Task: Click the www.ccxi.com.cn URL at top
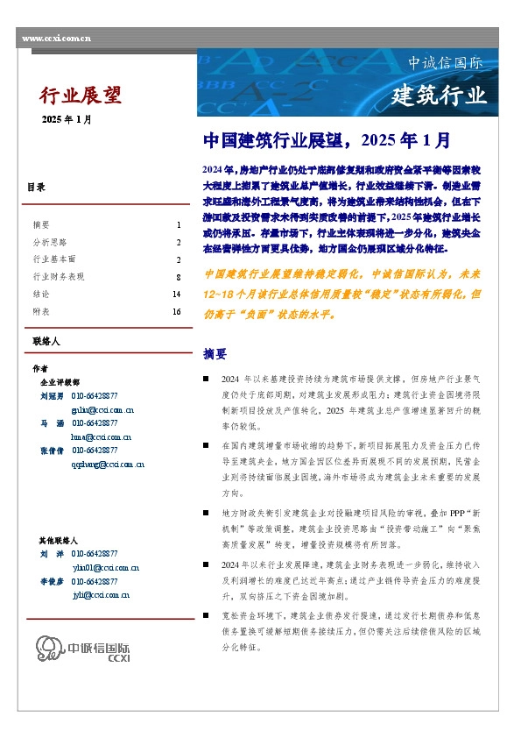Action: click(56, 39)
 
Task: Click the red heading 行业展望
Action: click(81, 96)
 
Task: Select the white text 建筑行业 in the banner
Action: click(438, 95)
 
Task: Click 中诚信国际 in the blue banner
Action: click(445, 64)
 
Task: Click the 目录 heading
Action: click(36, 188)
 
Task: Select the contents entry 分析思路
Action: click(49, 242)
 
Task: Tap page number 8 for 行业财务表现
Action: click(178, 277)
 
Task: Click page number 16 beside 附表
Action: click(176, 312)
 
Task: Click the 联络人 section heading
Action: click(45, 340)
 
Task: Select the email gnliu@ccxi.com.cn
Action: click(102, 409)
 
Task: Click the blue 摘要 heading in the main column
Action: click(215, 354)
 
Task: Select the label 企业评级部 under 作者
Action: click(60, 383)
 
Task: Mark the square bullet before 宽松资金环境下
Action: click(205, 614)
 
